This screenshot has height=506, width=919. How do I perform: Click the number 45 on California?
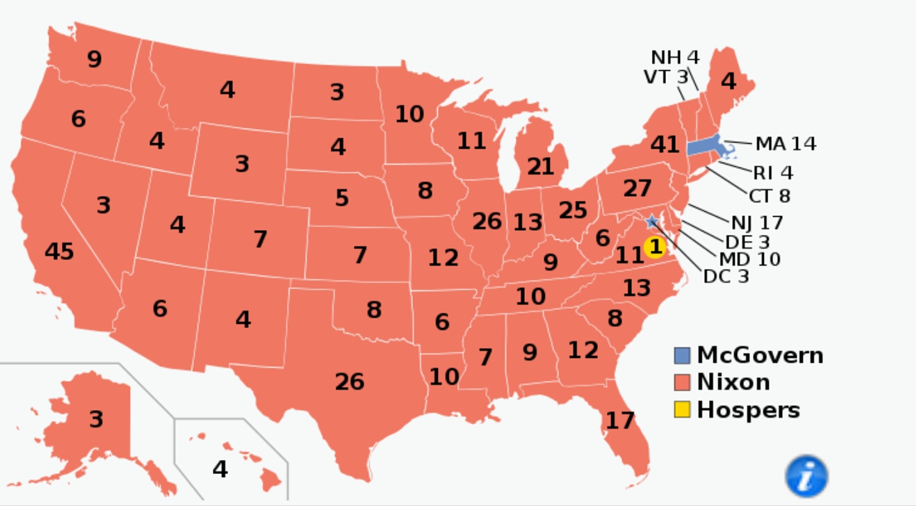(59, 252)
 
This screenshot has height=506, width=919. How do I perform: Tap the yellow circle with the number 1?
(654, 247)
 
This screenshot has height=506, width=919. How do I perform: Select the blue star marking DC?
(652, 222)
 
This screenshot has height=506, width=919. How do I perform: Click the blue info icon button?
(806, 477)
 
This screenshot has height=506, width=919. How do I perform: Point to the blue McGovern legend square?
(682, 356)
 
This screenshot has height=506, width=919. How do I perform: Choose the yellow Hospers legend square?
(682, 410)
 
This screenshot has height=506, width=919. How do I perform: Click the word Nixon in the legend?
(733, 382)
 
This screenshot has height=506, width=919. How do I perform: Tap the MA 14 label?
(786, 144)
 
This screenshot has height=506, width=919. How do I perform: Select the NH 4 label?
(675, 57)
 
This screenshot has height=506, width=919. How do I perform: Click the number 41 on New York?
(665, 145)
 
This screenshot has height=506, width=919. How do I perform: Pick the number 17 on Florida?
(619, 421)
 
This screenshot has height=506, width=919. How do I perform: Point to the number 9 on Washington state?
(94, 59)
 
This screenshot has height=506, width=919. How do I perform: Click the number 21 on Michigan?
(540, 166)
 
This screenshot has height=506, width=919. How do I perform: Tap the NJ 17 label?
(756, 223)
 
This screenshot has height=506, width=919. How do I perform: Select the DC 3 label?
(726, 276)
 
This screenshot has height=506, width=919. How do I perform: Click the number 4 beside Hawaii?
(220, 469)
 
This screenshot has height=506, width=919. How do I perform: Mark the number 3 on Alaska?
(96, 419)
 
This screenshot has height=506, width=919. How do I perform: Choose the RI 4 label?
(772, 172)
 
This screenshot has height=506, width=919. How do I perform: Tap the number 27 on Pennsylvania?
(637, 188)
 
